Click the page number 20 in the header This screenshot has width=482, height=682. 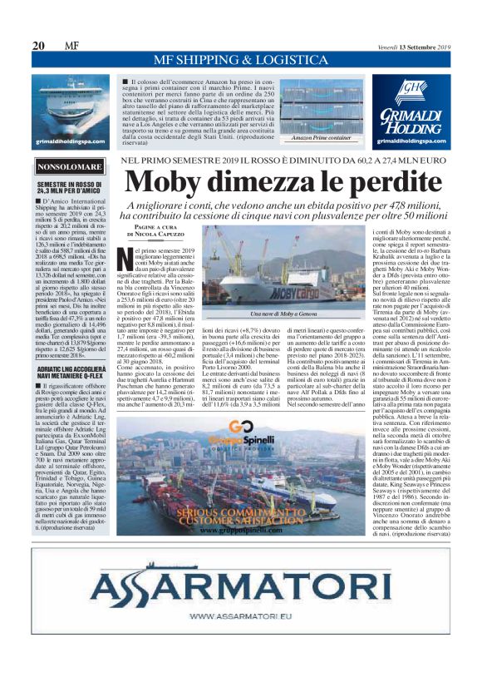click(x=37, y=46)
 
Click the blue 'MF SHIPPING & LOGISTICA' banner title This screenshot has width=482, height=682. click(x=240, y=60)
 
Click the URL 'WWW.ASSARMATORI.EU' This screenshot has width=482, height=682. click(x=240, y=616)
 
